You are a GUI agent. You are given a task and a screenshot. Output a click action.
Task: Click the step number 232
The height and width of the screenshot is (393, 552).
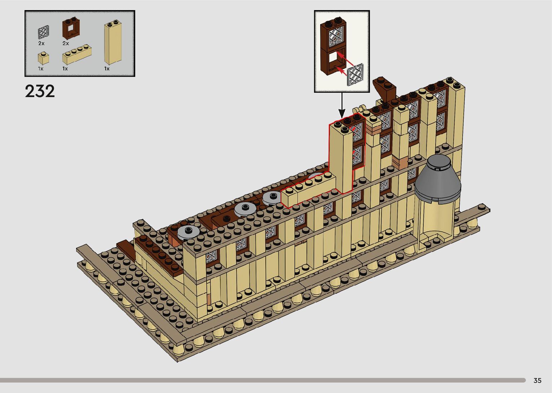[40, 91]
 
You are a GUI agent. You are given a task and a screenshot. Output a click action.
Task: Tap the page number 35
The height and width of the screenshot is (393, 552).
[538, 380]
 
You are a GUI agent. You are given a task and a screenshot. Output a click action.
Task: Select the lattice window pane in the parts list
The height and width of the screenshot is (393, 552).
[43, 32]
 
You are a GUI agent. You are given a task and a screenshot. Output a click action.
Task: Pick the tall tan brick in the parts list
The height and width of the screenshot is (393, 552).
[112, 42]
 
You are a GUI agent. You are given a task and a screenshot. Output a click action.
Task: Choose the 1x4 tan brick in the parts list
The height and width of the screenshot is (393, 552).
[77, 54]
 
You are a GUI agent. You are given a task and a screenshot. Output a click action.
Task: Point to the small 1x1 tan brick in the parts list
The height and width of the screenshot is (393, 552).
[43, 58]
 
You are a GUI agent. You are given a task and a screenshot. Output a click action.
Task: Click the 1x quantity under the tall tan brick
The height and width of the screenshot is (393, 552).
[107, 69]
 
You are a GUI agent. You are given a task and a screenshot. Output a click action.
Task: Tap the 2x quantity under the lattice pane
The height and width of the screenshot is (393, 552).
[41, 43]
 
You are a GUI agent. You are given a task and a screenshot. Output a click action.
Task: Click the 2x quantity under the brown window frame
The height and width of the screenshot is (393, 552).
[66, 43]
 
